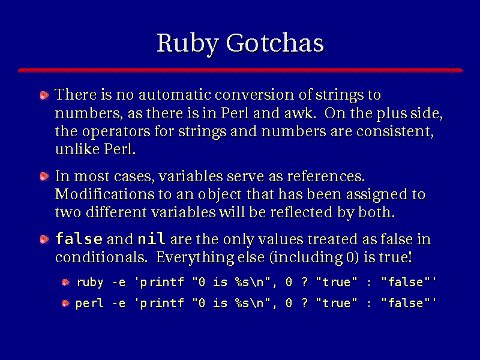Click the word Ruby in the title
[x=188, y=44]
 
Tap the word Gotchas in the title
[x=275, y=43]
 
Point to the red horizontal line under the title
[x=241, y=70]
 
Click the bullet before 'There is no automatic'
[x=44, y=95]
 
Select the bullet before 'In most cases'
[x=44, y=176]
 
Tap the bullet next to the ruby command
[x=65, y=282]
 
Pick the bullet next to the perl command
[x=65, y=303]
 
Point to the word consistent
[x=395, y=131]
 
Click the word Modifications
[x=104, y=194]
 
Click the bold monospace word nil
[x=152, y=238]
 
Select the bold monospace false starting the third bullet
[x=79, y=239]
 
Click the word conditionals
[x=101, y=257]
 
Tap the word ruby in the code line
[x=90, y=283]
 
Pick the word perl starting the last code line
[x=89, y=304]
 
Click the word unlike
[x=77, y=149]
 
